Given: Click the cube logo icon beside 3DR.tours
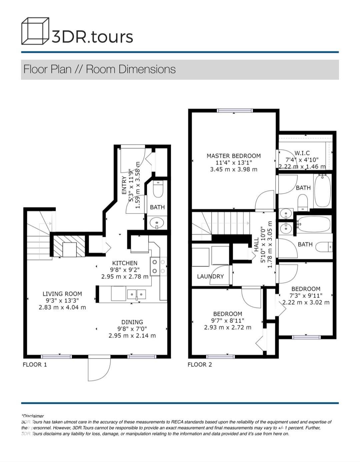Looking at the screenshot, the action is click(35, 31).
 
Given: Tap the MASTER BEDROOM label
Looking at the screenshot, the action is click(234, 156).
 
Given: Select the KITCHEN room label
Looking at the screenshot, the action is click(125, 263).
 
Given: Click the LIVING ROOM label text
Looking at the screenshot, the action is click(62, 294).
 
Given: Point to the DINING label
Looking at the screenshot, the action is click(132, 322).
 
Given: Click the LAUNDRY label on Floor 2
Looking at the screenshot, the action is click(210, 276).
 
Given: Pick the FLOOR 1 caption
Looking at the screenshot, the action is click(35, 365).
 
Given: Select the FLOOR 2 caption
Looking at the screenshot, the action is click(200, 365).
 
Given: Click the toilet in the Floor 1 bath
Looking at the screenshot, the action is click(158, 189).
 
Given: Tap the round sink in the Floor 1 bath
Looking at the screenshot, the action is click(157, 223).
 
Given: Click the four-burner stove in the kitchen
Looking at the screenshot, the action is click(159, 266).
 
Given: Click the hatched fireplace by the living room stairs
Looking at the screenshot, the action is click(69, 246).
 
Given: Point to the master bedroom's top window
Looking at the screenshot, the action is click(235, 111).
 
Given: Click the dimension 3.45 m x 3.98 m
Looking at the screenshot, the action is click(234, 170).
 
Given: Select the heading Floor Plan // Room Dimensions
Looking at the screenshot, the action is click(99, 69).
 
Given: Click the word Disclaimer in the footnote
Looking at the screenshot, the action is click(33, 416).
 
